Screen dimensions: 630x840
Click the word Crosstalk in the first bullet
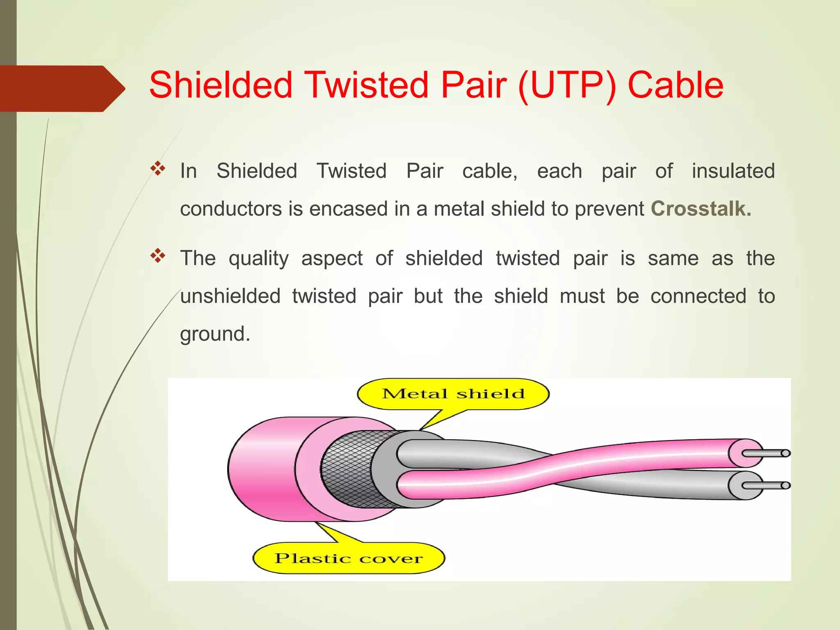point(701,209)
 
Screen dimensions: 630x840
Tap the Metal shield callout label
point(453,394)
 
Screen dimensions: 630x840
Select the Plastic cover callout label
point(348,558)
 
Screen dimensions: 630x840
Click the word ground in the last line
point(215,334)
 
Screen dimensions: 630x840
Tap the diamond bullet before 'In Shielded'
point(157,169)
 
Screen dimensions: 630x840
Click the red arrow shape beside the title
point(62,89)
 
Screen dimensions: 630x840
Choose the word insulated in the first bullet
point(733,171)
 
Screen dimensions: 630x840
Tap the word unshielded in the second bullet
point(230,296)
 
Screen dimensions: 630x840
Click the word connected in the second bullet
point(698,296)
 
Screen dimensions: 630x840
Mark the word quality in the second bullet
point(258,258)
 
